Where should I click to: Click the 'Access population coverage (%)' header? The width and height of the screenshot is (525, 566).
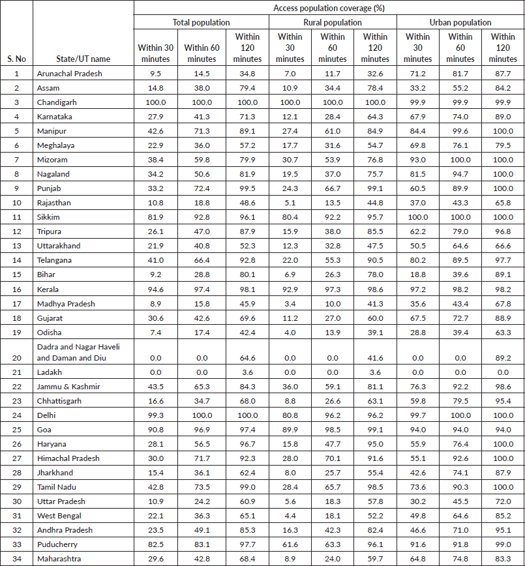click(328, 8)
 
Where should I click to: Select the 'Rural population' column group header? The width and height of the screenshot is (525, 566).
click(333, 22)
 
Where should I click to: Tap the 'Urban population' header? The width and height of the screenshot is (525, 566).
click(460, 22)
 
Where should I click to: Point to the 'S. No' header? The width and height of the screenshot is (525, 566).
click(16, 59)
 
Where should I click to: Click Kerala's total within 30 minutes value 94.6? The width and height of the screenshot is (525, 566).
click(155, 289)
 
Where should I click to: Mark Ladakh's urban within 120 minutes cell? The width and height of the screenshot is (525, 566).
click(503, 372)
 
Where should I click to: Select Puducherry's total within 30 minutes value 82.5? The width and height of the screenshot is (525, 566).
click(155, 544)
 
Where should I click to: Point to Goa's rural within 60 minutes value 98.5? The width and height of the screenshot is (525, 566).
click(333, 430)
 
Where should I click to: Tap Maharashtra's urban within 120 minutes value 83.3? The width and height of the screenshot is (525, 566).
click(503, 559)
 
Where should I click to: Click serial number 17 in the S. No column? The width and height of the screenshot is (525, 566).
click(16, 303)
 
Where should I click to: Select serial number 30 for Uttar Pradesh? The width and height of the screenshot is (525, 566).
click(16, 501)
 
